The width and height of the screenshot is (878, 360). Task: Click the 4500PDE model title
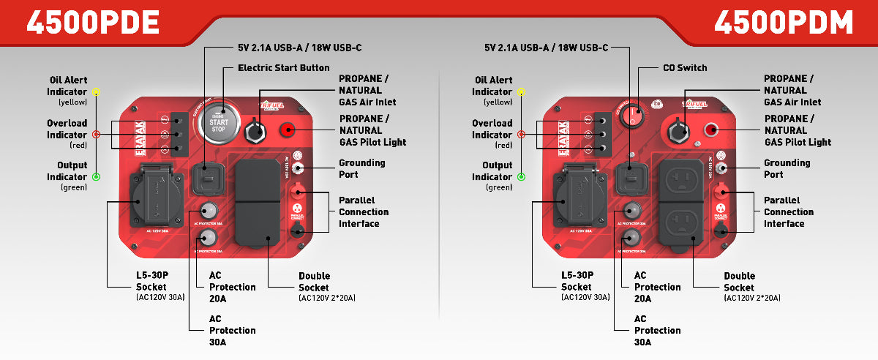(x=93, y=22)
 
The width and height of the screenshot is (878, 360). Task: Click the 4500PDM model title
(x=784, y=22)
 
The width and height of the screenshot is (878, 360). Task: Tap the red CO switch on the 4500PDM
(x=635, y=115)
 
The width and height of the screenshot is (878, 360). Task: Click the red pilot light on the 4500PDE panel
(x=287, y=130)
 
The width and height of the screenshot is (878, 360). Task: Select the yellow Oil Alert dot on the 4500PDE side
(x=97, y=92)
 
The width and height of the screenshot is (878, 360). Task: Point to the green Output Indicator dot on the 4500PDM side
(x=521, y=176)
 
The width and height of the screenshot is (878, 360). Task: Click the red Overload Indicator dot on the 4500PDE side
(x=97, y=134)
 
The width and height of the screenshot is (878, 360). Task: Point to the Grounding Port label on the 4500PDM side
(x=787, y=168)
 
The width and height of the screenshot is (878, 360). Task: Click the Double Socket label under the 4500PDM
(x=739, y=282)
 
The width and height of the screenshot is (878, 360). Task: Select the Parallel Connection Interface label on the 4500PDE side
(x=363, y=211)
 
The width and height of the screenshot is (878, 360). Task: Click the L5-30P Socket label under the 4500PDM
(x=576, y=281)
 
